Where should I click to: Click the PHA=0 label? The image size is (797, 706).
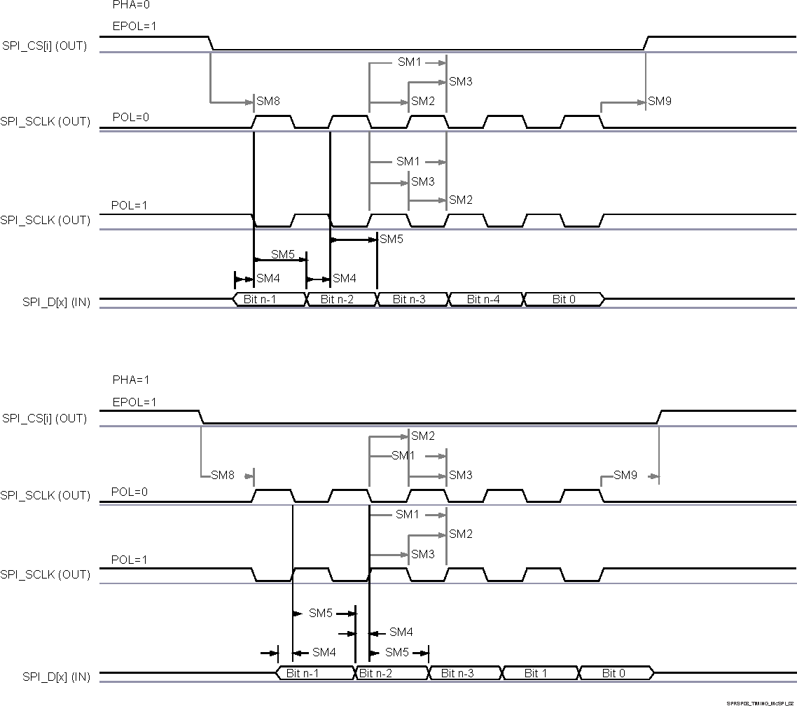[x=131, y=5]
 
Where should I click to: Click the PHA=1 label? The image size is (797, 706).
[x=131, y=380]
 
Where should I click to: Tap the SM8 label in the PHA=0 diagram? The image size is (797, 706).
[x=268, y=102]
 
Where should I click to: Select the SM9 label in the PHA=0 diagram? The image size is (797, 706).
[x=660, y=102]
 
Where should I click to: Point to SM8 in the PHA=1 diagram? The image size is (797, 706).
[x=223, y=476]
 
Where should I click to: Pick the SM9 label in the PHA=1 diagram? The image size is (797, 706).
[x=625, y=476]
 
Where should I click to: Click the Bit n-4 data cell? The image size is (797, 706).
[x=485, y=300]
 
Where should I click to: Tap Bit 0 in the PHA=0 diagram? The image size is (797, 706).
[x=564, y=300]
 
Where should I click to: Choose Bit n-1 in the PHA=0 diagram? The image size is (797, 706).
[x=269, y=300]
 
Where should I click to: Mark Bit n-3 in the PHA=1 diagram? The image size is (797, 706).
[x=465, y=674]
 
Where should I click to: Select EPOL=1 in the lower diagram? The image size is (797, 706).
[x=134, y=403]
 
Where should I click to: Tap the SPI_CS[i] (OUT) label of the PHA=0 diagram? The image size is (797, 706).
[x=45, y=47]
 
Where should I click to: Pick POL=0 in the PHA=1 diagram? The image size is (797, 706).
[x=130, y=492]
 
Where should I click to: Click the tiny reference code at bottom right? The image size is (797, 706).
[x=761, y=702]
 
